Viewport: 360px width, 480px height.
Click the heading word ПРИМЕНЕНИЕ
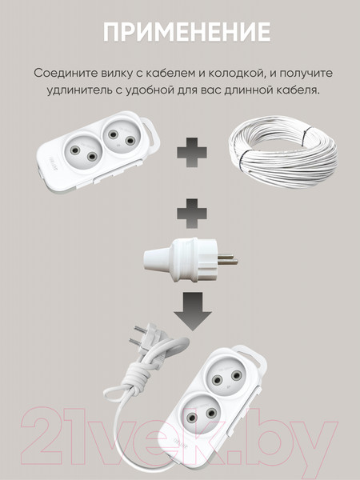186,32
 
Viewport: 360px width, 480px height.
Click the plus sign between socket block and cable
192,153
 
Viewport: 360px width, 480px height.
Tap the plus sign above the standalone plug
192,214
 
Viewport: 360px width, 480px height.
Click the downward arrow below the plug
193,311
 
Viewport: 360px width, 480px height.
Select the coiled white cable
283,150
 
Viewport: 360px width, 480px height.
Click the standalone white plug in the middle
190,259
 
